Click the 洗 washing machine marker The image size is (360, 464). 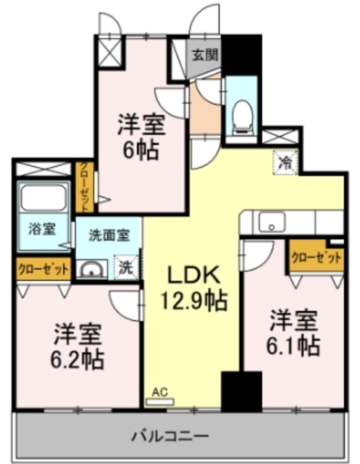click(x=126, y=267)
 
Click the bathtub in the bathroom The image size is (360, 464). click(x=42, y=196)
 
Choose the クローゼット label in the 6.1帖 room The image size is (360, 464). click(x=316, y=257)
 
